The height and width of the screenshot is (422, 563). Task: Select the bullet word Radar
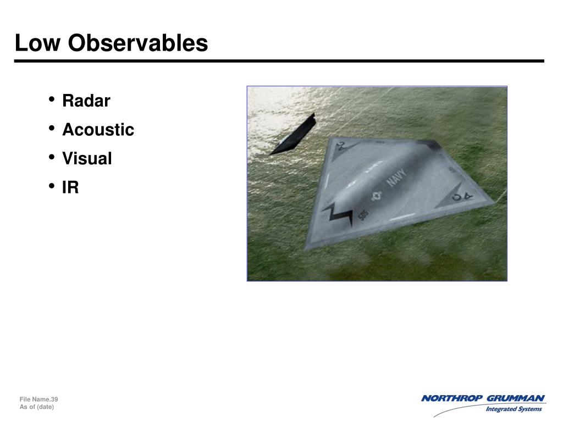pos(86,101)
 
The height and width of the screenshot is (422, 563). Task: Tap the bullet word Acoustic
pos(98,130)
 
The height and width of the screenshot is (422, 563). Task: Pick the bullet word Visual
pos(87,159)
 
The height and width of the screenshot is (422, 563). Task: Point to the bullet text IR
pos(70,188)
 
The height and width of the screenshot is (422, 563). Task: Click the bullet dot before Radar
pos(51,100)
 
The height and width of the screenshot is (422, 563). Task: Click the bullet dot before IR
pos(51,186)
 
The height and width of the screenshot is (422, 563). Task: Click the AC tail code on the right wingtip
pos(462,195)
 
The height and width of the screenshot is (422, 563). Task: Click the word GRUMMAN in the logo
pos(517,398)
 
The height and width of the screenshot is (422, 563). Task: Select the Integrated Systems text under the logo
pos(514,409)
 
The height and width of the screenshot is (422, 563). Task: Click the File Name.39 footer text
pos(38,399)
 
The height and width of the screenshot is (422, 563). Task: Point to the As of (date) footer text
pos(37,407)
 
